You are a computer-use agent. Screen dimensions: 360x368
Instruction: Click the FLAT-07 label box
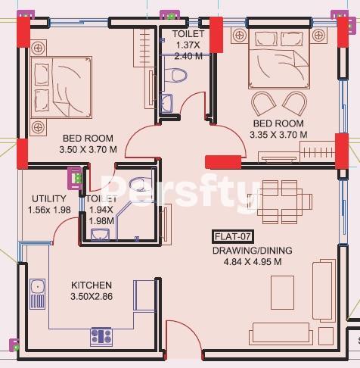(233, 237)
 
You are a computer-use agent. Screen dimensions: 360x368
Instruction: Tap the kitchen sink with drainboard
(38, 294)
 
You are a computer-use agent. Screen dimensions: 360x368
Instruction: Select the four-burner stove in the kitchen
(101, 336)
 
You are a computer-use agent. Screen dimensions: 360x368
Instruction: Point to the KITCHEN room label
(92, 285)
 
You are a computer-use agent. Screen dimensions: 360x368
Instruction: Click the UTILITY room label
(49, 199)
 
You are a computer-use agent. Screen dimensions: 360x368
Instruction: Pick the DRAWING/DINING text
(253, 251)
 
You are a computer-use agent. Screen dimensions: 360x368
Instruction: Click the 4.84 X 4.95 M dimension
(253, 262)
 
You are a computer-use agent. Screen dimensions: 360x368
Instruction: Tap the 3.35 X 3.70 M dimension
(278, 135)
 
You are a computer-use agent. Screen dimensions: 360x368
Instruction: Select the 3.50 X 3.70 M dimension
(88, 150)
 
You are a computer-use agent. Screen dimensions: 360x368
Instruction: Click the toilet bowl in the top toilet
(176, 75)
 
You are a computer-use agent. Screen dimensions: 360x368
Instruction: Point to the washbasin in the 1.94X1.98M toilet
(100, 235)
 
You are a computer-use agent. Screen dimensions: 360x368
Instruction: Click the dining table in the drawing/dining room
(280, 202)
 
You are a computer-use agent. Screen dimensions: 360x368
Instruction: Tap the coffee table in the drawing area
(282, 292)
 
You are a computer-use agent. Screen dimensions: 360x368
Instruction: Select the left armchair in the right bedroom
(263, 103)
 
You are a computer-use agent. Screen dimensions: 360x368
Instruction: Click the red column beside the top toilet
(216, 35)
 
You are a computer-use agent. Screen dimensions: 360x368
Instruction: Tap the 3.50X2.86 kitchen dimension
(92, 297)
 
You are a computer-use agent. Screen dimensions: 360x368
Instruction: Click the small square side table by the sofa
(326, 336)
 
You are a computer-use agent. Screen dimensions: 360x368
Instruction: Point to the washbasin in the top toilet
(166, 103)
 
